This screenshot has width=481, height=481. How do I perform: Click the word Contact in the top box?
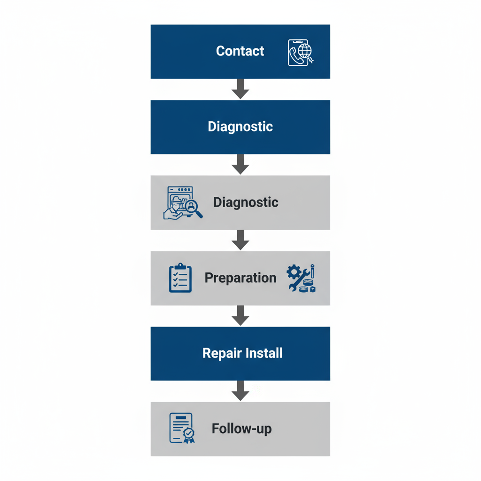240,51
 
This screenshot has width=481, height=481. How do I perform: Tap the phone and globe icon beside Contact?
301,52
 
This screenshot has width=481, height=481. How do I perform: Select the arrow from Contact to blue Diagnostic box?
240,89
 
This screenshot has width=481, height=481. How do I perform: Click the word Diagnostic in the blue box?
240,126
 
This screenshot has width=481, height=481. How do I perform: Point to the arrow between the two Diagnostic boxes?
240,164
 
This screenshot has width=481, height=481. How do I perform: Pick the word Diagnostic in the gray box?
246,202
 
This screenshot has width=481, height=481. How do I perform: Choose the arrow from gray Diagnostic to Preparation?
240,240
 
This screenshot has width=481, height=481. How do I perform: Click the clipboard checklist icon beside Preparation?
180,278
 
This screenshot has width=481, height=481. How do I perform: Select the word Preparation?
240,278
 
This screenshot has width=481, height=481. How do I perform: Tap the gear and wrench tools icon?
301,278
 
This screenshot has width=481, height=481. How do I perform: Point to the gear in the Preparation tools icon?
294,272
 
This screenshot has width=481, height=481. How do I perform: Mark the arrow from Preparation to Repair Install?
240,315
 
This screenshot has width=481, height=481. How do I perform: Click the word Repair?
221,353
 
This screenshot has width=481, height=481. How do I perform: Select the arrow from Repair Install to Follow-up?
240,391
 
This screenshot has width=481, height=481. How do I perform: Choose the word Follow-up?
241,429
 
